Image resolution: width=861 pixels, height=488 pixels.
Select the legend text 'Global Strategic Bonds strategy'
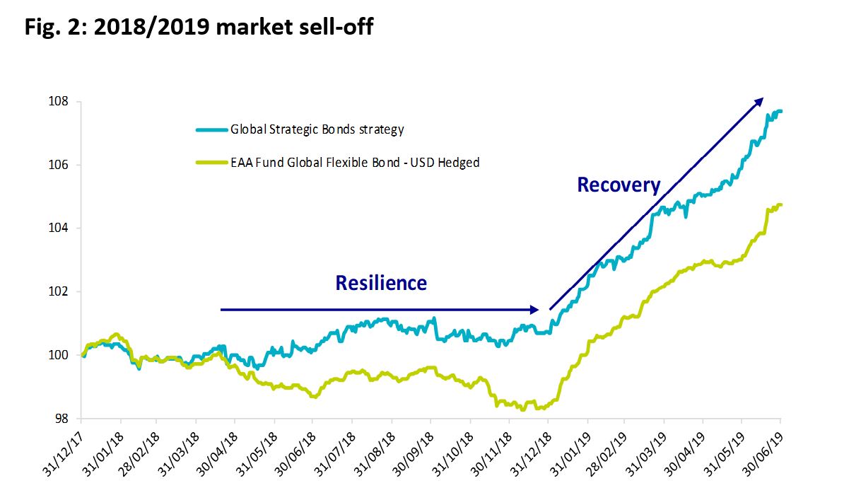317,129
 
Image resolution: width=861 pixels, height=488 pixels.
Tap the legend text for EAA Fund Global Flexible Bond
355,163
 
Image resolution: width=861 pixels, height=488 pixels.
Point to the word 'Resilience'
381,283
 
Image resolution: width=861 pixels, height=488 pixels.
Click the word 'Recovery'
619,185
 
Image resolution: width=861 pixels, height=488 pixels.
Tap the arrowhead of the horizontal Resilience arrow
535,309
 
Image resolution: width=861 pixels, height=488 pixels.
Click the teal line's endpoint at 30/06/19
780,111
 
